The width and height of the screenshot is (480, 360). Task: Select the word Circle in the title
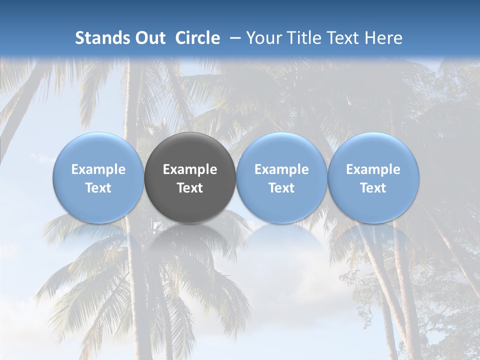[197, 38]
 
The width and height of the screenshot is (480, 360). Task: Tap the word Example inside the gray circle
[190, 169]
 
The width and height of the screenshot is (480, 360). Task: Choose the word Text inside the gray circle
[190, 188]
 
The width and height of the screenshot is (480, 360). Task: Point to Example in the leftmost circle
[98, 169]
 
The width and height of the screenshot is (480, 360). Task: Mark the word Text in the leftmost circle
[98, 188]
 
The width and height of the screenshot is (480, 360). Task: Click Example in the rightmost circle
[373, 169]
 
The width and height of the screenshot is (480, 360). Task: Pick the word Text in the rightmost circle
[373, 188]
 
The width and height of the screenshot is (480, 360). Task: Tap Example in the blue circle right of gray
[281, 169]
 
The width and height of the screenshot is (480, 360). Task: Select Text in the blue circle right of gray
[281, 188]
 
